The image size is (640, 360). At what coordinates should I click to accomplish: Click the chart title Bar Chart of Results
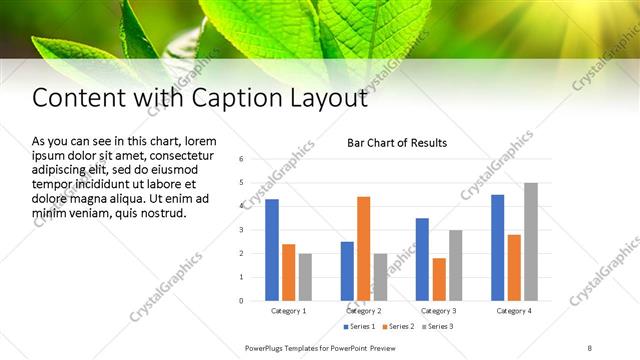[396, 143]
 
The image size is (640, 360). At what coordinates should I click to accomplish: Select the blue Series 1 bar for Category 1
[272, 250]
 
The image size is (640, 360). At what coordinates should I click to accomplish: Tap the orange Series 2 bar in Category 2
[363, 248]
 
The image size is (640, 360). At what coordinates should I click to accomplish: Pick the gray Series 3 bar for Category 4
[530, 241]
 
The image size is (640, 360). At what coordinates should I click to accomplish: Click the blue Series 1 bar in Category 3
[422, 259]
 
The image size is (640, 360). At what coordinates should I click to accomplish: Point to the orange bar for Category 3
[439, 279]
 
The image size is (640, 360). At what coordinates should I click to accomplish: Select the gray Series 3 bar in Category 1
[305, 277]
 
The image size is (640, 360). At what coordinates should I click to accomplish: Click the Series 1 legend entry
[361, 327]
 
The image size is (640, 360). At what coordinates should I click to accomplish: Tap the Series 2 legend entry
[398, 327]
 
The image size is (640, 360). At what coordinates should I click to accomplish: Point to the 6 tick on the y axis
[241, 159]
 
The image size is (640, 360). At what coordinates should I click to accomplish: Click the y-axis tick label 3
[241, 230]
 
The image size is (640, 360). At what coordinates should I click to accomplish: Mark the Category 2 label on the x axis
[364, 311]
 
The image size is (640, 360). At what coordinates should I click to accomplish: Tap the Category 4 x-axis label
[514, 311]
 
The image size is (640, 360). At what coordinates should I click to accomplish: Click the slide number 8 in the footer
[589, 348]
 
